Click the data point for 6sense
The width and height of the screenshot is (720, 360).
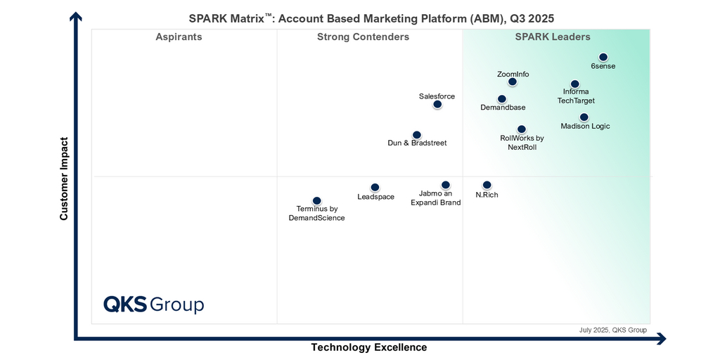603,58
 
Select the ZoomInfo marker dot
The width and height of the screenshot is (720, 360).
513,82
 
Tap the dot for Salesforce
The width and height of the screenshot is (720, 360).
437,105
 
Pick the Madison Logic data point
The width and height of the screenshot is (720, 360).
584,117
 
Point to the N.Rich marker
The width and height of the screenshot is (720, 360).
487,185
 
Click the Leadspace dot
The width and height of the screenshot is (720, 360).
375,188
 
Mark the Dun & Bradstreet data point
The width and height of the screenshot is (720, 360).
417,135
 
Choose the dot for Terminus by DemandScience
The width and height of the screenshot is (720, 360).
317,201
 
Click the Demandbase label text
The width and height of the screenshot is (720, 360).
503,108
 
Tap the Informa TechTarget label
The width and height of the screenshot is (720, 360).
576,96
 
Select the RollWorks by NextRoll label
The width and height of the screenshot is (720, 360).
522,143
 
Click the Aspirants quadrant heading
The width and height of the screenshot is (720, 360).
179,37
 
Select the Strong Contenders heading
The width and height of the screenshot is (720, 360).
363,37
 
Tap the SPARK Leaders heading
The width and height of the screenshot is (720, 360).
553,37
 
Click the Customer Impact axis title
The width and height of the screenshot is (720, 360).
64,179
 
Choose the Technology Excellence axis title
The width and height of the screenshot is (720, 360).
369,347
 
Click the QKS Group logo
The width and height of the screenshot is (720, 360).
153,304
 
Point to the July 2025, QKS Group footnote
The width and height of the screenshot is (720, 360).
612,330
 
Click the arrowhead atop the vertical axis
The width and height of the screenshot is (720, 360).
76,17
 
